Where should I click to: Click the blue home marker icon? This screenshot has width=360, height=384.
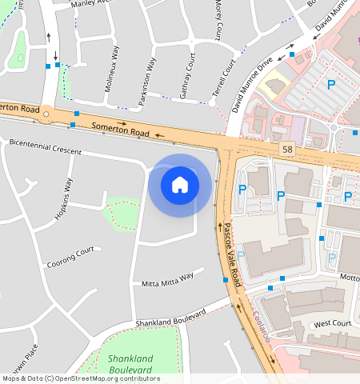click(x=180, y=185)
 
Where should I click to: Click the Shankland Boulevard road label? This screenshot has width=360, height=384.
click(x=170, y=317)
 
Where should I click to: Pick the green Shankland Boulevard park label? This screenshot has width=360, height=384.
click(x=130, y=365)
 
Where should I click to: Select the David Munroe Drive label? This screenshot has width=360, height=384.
click(x=253, y=82)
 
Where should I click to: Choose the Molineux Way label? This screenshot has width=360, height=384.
click(x=112, y=75)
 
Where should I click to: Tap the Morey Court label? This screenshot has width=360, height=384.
click(x=218, y=19)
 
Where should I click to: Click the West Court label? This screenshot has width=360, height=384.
click(x=332, y=323)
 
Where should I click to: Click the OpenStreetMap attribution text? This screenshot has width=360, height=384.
click(x=81, y=378)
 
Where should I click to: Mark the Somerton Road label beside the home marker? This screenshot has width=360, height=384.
click(x=120, y=127)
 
